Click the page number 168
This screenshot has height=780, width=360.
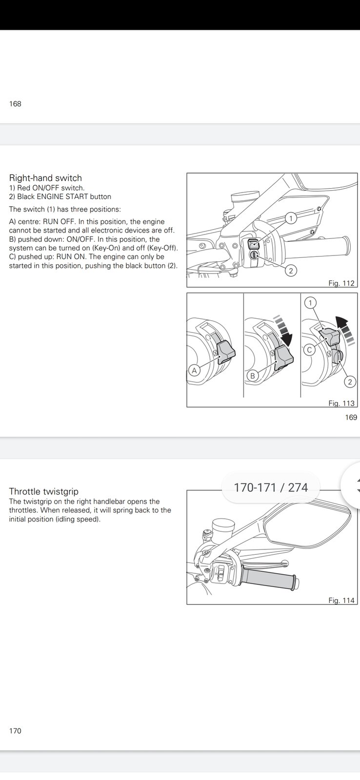point(15,104)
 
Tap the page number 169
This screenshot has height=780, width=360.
point(351,417)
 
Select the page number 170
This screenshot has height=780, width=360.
point(15,731)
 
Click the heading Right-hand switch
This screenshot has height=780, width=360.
point(45,178)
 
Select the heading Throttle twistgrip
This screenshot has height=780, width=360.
point(43,491)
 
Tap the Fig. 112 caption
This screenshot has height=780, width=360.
point(341,283)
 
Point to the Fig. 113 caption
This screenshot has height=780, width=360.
point(341,403)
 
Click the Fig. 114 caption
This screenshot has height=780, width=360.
point(341,601)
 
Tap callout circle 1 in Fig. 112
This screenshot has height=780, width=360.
point(291,218)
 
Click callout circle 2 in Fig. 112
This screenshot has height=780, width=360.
point(291,270)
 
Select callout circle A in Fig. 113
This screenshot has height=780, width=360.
point(194,370)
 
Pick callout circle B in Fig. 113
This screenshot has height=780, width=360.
point(253,376)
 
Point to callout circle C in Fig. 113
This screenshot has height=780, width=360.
point(309,350)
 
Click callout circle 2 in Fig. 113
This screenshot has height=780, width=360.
point(350,382)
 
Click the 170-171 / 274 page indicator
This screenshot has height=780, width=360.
point(271,487)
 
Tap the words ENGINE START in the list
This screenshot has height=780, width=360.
point(62,197)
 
